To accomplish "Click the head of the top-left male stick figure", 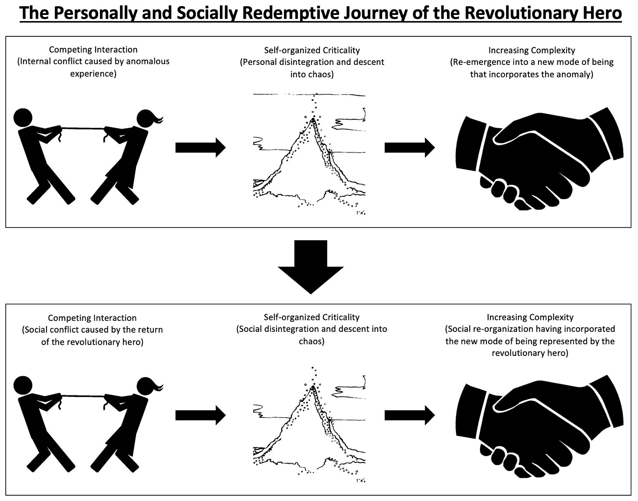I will pos(23,117).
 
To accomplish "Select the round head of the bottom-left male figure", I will pos(23,385).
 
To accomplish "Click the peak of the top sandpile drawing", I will pos(313,119).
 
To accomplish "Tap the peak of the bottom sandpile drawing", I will pos(313,387).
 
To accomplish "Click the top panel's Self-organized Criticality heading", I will pos(312,50).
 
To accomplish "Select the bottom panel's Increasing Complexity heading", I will pos(530,317).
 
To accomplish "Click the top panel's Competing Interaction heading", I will pos(93,50).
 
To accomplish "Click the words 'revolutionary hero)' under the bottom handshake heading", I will pos(530,353).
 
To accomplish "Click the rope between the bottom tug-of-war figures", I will pos(83,395).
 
